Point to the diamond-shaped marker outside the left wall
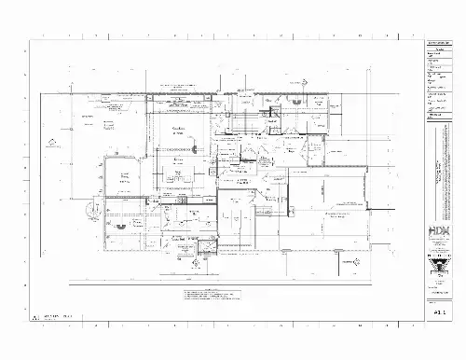52,142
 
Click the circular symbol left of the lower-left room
91,209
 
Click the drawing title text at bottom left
56,318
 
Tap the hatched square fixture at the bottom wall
195,246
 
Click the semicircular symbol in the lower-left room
113,226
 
